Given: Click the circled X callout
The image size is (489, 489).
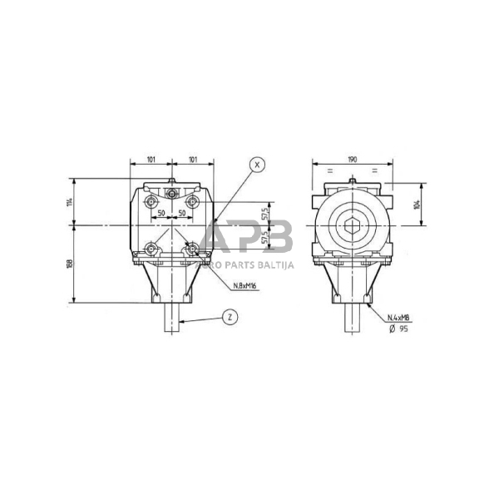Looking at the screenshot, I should [x=256, y=165].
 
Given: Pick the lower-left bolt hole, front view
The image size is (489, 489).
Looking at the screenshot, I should [x=151, y=248].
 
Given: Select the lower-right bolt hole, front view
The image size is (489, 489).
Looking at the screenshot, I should [x=192, y=248].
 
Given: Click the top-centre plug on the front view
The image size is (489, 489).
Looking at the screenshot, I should [x=172, y=194].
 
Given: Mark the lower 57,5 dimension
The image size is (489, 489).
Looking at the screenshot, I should [x=265, y=238].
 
